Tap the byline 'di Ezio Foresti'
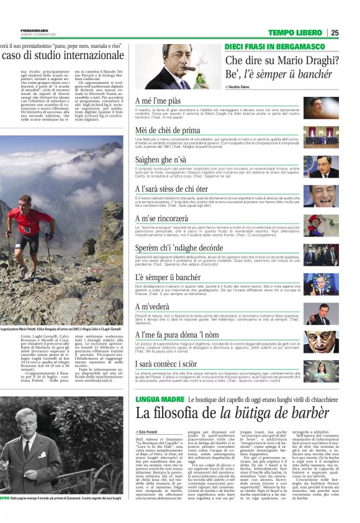point(150,431)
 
